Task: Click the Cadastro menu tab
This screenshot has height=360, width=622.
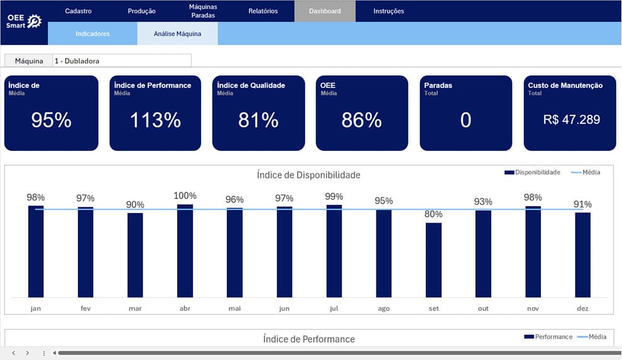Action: pos(78,11)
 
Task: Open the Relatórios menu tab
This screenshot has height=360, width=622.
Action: pos(263,11)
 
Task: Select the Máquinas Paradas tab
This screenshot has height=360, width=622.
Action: pos(203,11)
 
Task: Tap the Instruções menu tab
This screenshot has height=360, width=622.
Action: pos(388,11)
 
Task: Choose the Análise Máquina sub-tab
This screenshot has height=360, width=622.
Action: pos(177,34)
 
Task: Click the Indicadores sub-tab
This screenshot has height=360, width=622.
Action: pos(92,34)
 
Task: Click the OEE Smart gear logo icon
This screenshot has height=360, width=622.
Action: pos(34,21)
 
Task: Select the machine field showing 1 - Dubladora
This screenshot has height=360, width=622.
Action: pos(122,61)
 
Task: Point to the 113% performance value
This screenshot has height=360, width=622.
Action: pos(156,120)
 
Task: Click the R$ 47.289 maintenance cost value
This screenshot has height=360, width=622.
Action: pos(572,119)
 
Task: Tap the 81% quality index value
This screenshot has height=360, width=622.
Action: pos(258,120)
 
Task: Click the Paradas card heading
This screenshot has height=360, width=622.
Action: pos(438,85)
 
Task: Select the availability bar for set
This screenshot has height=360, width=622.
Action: pos(434,260)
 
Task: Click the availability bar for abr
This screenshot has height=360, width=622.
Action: pos(185,251)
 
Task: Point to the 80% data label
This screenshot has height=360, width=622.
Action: pos(434,214)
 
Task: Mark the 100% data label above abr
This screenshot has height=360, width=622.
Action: pos(185,195)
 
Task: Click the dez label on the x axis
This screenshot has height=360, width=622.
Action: pos(582,308)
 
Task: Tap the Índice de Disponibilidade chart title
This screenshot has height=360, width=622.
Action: pos(308,175)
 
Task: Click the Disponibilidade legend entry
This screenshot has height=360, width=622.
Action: pos(532,172)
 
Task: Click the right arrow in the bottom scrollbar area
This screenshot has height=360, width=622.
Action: pos(28,353)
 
